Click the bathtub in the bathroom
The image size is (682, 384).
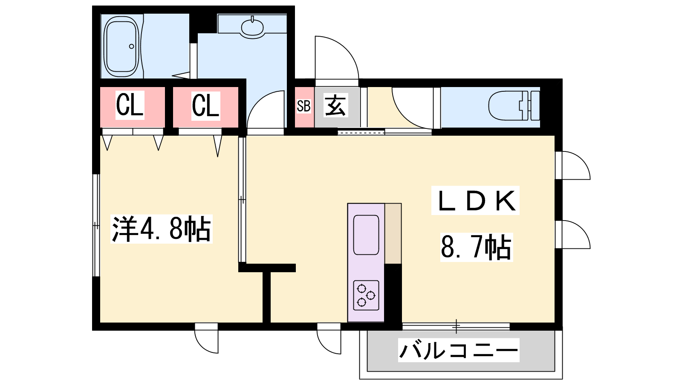[x=122, y=47]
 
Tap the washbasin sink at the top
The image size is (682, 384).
[x=252, y=27]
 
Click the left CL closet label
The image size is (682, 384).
[x=130, y=105]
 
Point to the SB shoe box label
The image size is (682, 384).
[x=303, y=106]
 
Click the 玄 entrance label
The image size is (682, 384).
[x=335, y=106]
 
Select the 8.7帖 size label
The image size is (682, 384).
[x=476, y=247]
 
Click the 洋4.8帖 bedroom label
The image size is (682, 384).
[x=162, y=229]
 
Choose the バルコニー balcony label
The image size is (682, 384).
[x=459, y=350]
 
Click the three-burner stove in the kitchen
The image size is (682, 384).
[x=366, y=295]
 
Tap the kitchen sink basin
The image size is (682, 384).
[x=366, y=235]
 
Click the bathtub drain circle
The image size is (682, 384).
[x=132, y=47]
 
